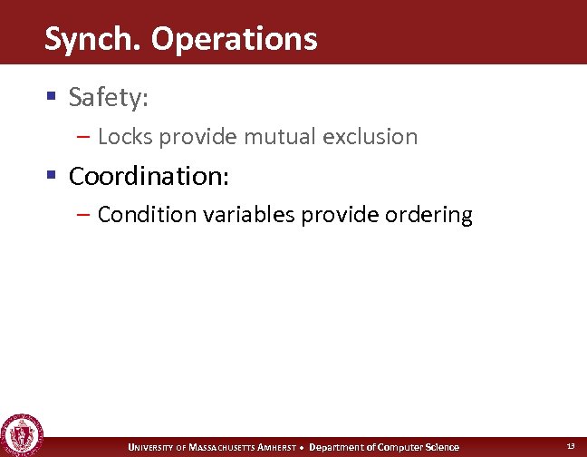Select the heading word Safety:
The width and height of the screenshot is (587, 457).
point(109,97)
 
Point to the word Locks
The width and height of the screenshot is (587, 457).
point(122,137)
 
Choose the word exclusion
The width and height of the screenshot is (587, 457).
point(372,137)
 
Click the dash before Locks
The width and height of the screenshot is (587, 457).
point(83,137)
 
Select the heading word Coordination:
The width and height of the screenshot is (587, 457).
point(149,175)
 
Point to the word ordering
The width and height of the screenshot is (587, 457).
point(428,215)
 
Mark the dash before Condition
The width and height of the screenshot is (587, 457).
point(83,215)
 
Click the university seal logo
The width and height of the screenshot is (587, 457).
point(19,435)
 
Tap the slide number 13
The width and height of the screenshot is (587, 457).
point(571,446)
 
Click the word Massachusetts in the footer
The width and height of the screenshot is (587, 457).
point(224,447)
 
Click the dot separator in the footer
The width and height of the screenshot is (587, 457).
point(303,447)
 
